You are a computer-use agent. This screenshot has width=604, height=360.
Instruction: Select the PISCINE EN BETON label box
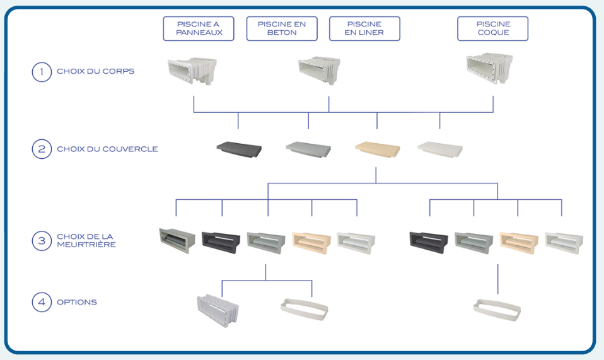[282, 28]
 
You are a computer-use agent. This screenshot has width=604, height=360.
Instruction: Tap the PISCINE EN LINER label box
[364, 28]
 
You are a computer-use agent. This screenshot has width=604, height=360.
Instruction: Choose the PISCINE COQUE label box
[492, 28]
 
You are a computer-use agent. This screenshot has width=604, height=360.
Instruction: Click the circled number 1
[42, 71]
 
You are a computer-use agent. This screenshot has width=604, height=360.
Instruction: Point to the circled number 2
[42, 149]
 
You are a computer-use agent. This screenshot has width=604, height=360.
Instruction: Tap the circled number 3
[42, 240]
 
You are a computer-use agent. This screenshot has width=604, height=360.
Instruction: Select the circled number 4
[42, 302]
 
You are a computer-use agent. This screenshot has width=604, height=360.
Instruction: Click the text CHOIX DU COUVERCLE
[107, 149]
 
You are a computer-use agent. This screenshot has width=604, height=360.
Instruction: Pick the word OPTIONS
[77, 302]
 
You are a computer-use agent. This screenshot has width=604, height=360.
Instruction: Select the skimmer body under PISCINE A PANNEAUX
[192, 71]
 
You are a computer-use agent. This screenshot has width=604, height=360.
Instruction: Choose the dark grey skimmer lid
[239, 149]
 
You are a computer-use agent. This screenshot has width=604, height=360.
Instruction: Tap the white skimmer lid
[440, 149]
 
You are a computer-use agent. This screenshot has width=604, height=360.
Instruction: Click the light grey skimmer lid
[308, 149]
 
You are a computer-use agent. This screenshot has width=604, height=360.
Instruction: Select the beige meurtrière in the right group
[518, 242]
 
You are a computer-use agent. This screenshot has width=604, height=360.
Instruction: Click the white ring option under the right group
[497, 307]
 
